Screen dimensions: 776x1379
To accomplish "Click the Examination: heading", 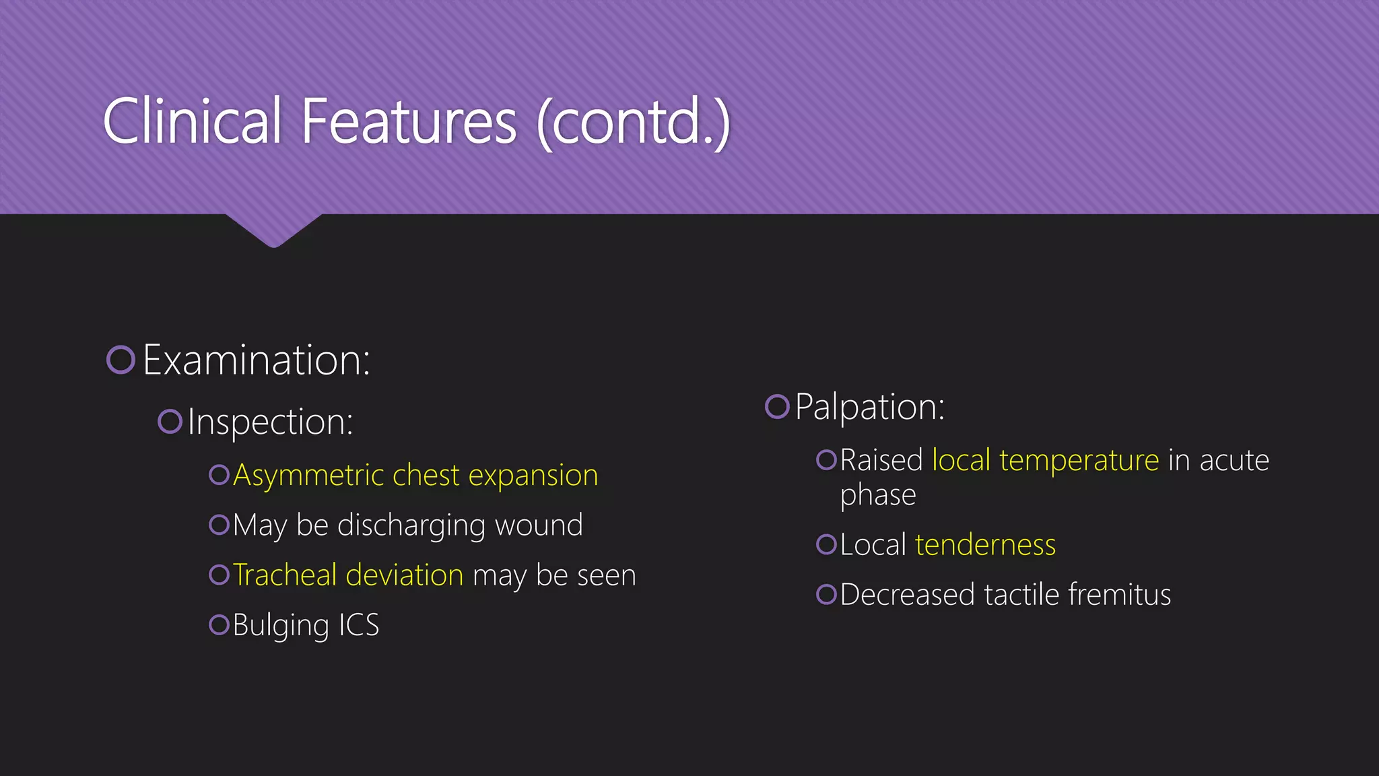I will pos(257,360).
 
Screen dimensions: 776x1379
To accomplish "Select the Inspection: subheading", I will pos(270,422).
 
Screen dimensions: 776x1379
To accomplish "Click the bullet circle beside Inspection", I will pos(170,422).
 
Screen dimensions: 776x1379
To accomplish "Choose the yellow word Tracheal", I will pos(285,575).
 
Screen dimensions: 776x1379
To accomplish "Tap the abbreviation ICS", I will pos(358,625).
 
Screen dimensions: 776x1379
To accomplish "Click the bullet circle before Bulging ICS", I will pos(219,624).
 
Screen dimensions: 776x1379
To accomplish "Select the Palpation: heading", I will pos(869,407).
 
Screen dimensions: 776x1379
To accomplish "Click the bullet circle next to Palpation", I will pos(777,406).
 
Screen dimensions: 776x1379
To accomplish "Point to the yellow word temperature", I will pos(1079,461).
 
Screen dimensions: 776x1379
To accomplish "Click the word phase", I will pos(877,496).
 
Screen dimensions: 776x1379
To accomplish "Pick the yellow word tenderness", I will pos(985,545).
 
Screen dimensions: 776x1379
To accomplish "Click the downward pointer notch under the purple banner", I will pos(273,232).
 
